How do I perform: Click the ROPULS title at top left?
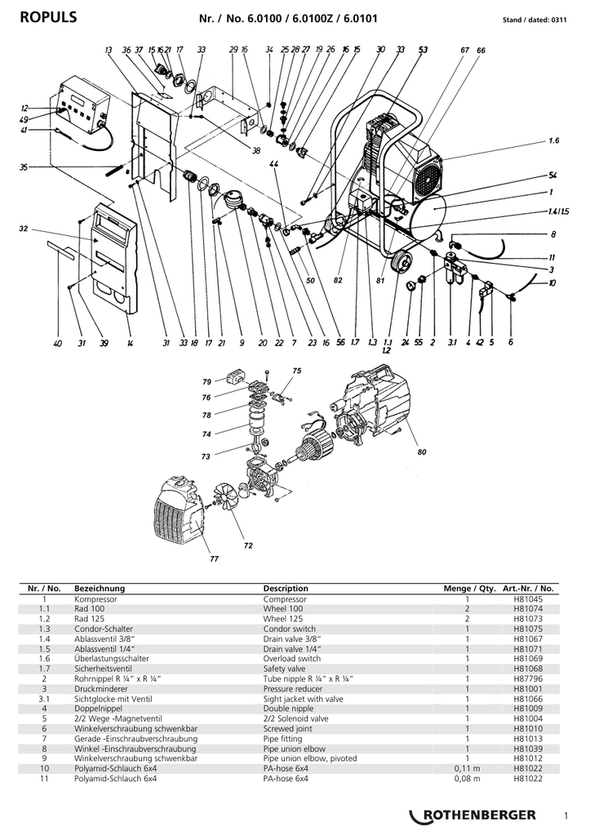(x=48, y=18)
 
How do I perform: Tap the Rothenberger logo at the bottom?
(x=472, y=815)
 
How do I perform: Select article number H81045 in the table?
(x=528, y=598)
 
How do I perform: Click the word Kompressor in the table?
(x=95, y=598)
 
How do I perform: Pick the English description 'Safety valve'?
(x=284, y=669)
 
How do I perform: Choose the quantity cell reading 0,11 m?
(x=467, y=768)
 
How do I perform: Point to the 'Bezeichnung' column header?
(x=99, y=589)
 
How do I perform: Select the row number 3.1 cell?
(x=44, y=699)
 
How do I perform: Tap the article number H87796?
(x=528, y=678)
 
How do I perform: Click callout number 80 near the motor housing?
(x=422, y=452)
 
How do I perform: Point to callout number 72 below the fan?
(x=248, y=545)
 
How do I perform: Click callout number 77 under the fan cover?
(x=214, y=558)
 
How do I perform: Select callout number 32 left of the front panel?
(x=24, y=229)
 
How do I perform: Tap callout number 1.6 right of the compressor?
(x=554, y=140)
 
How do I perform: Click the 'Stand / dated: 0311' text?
(x=535, y=20)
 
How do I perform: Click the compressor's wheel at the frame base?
(x=401, y=262)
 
